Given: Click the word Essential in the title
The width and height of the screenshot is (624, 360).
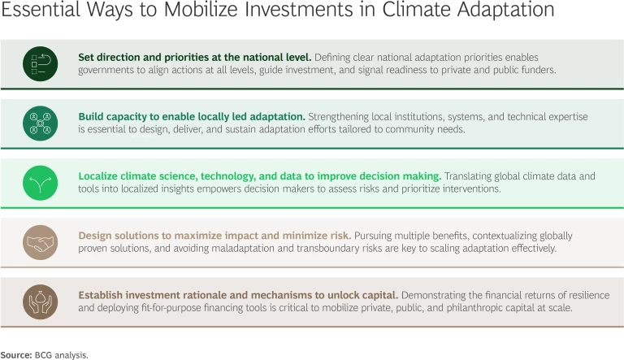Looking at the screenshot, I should tap(36, 12).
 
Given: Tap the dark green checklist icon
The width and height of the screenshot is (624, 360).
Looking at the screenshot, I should tap(39, 63).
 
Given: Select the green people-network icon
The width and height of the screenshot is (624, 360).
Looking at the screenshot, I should tap(39, 123).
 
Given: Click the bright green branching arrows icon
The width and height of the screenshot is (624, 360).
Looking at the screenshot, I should tap(39, 182).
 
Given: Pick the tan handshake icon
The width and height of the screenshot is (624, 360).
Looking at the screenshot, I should tap(39, 242).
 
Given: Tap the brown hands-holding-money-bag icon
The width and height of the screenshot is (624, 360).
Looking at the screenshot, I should tap(39, 301).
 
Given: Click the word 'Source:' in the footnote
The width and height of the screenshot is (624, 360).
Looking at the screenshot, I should tap(15, 355).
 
